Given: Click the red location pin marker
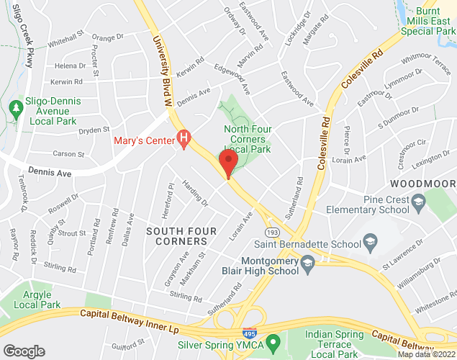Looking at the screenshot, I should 228,163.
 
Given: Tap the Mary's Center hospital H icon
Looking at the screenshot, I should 184,135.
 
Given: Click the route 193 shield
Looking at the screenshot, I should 272,233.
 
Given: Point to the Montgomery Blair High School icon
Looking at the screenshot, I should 308,261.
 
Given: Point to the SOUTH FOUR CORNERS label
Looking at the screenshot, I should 177,235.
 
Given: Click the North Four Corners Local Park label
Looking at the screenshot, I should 245,138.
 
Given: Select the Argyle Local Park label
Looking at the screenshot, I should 37,300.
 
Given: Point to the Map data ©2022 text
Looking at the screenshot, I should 427,354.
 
